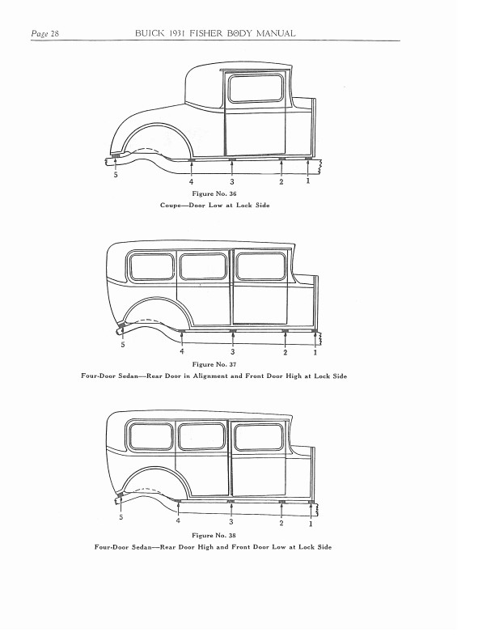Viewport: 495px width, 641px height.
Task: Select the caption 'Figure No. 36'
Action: (x=214, y=195)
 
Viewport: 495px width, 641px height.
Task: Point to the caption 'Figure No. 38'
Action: (x=214, y=536)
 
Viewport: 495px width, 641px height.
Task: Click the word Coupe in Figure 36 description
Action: (x=173, y=206)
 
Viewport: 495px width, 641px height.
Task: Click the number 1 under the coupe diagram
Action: (x=307, y=182)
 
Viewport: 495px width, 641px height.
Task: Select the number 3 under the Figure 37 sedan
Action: (x=233, y=353)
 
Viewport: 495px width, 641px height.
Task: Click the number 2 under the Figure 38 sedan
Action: (x=281, y=524)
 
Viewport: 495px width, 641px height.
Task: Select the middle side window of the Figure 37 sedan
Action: (x=202, y=267)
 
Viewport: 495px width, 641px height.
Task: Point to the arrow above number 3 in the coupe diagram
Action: (x=233, y=168)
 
